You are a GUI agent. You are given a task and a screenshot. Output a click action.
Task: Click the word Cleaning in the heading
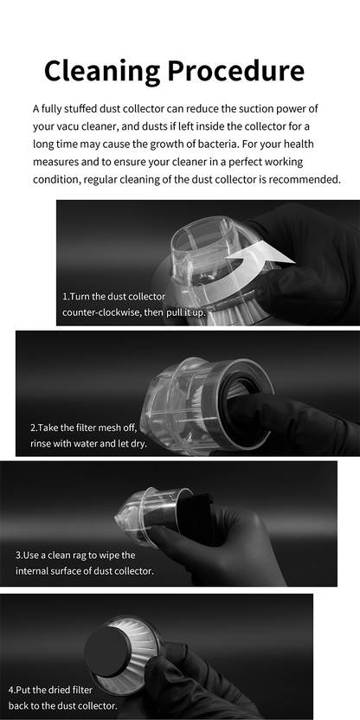pyautogui.click(x=96, y=70)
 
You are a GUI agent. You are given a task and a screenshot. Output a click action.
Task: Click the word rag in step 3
pyautogui.click(x=96, y=555)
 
